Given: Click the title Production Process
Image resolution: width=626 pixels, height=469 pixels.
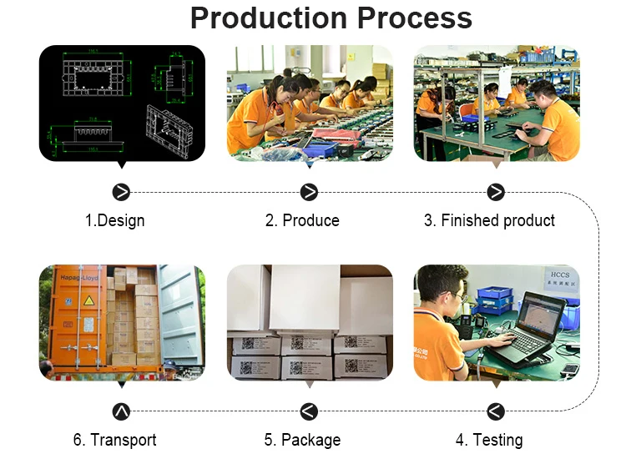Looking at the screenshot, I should tap(331, 18).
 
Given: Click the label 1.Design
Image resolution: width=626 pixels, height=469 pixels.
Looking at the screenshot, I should tap(114, 220).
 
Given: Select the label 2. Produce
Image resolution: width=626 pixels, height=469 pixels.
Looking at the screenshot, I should tap(302, 220).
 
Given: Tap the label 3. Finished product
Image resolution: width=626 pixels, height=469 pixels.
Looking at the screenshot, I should tap(489, 220).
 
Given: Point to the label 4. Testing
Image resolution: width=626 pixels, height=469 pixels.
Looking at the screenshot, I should tap(489, 440).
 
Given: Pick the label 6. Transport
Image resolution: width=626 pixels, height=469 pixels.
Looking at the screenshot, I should tap(114, 440).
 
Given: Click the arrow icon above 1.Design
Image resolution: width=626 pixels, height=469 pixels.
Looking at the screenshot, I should tap(122, 192).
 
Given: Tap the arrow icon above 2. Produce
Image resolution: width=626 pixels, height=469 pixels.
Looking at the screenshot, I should tap(309, 192).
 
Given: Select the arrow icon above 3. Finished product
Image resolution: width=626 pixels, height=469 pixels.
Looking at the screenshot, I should tap(496, 192).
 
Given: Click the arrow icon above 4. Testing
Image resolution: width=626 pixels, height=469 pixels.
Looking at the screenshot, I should tap(496, 411).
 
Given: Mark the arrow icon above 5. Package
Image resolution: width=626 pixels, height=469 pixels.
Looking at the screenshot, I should tap(309, 411).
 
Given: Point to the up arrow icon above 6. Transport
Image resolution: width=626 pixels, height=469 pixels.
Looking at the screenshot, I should tap(122, 411).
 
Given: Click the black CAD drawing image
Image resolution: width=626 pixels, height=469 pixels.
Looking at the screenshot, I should tap(122, 103).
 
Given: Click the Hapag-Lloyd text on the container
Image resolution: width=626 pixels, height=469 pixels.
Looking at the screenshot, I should tap(78, 276).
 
